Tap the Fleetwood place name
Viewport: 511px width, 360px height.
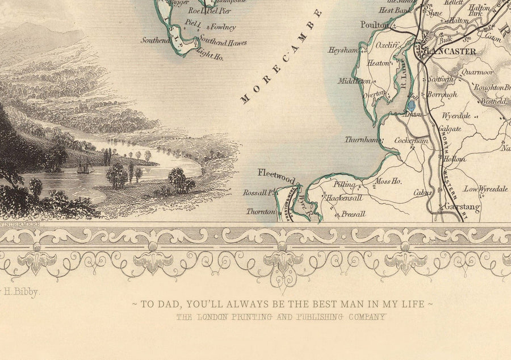click(277, 174)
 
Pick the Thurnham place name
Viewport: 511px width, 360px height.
click(361, 139)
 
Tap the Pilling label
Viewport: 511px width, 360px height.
click(344, 185)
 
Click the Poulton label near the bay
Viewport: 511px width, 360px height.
click(375, 25)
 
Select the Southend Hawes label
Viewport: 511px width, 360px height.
click(224, 42)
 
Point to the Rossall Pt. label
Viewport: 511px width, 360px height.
click(258, 192)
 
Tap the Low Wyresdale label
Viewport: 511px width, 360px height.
click(485, 189)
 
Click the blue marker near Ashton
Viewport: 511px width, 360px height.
click(411, 104)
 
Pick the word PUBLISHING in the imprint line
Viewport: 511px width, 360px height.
click(312, 317)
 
